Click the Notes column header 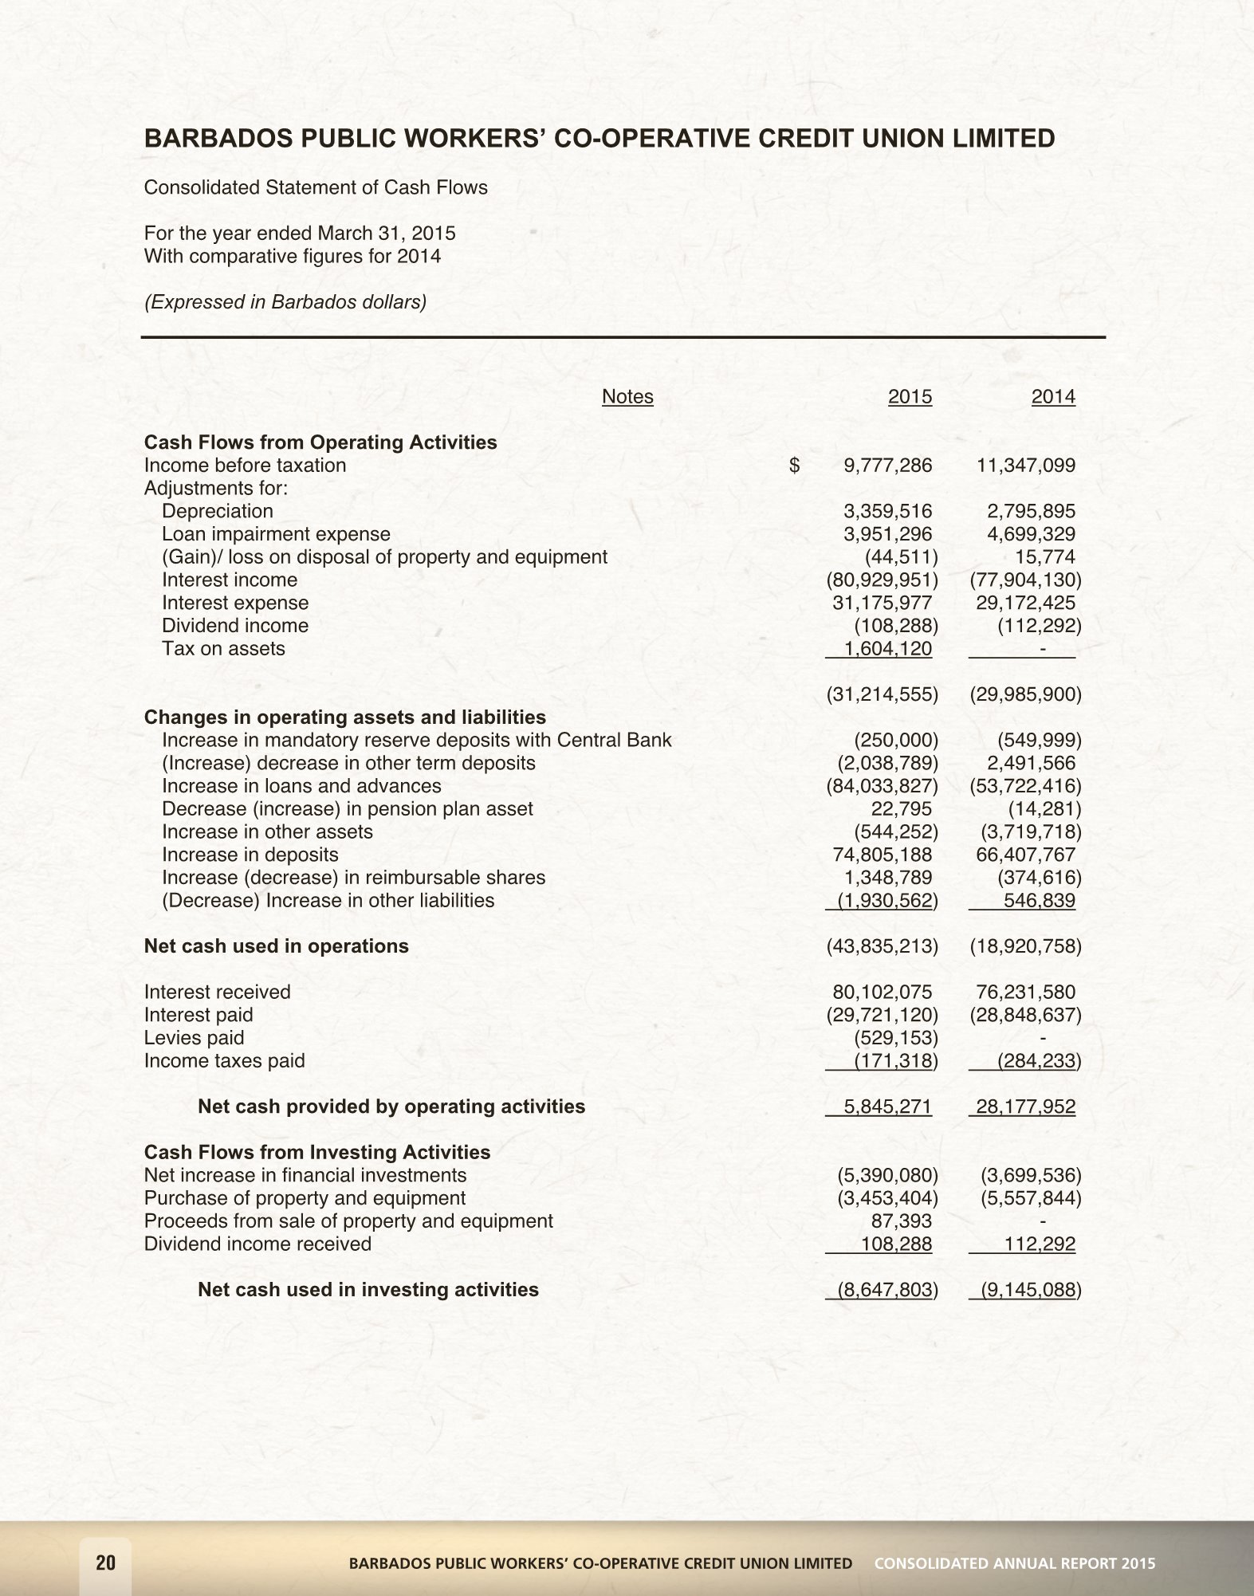tap(627, 397)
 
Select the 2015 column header tap(910, 397)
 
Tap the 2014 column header tap(1053, 397)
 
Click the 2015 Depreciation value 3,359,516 tap(887, 511)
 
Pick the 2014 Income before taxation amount tap(1025, 466)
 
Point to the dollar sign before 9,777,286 tap(794, 466)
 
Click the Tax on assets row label tap(223, 649)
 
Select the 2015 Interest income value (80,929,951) tap(881, 580)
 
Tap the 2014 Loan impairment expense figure tap(1025, 534)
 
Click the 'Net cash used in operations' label tap(276, 946)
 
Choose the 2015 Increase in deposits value tap(881, 855)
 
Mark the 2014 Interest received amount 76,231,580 tap(1025, 993)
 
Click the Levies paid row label tap(194, 1038)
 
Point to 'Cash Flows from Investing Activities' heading tap(316, 1153)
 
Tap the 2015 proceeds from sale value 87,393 tap(902, 1221)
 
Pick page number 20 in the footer tap(105, 1563)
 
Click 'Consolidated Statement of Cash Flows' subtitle tap(316, 188)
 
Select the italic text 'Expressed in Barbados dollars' tap(285, 303)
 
